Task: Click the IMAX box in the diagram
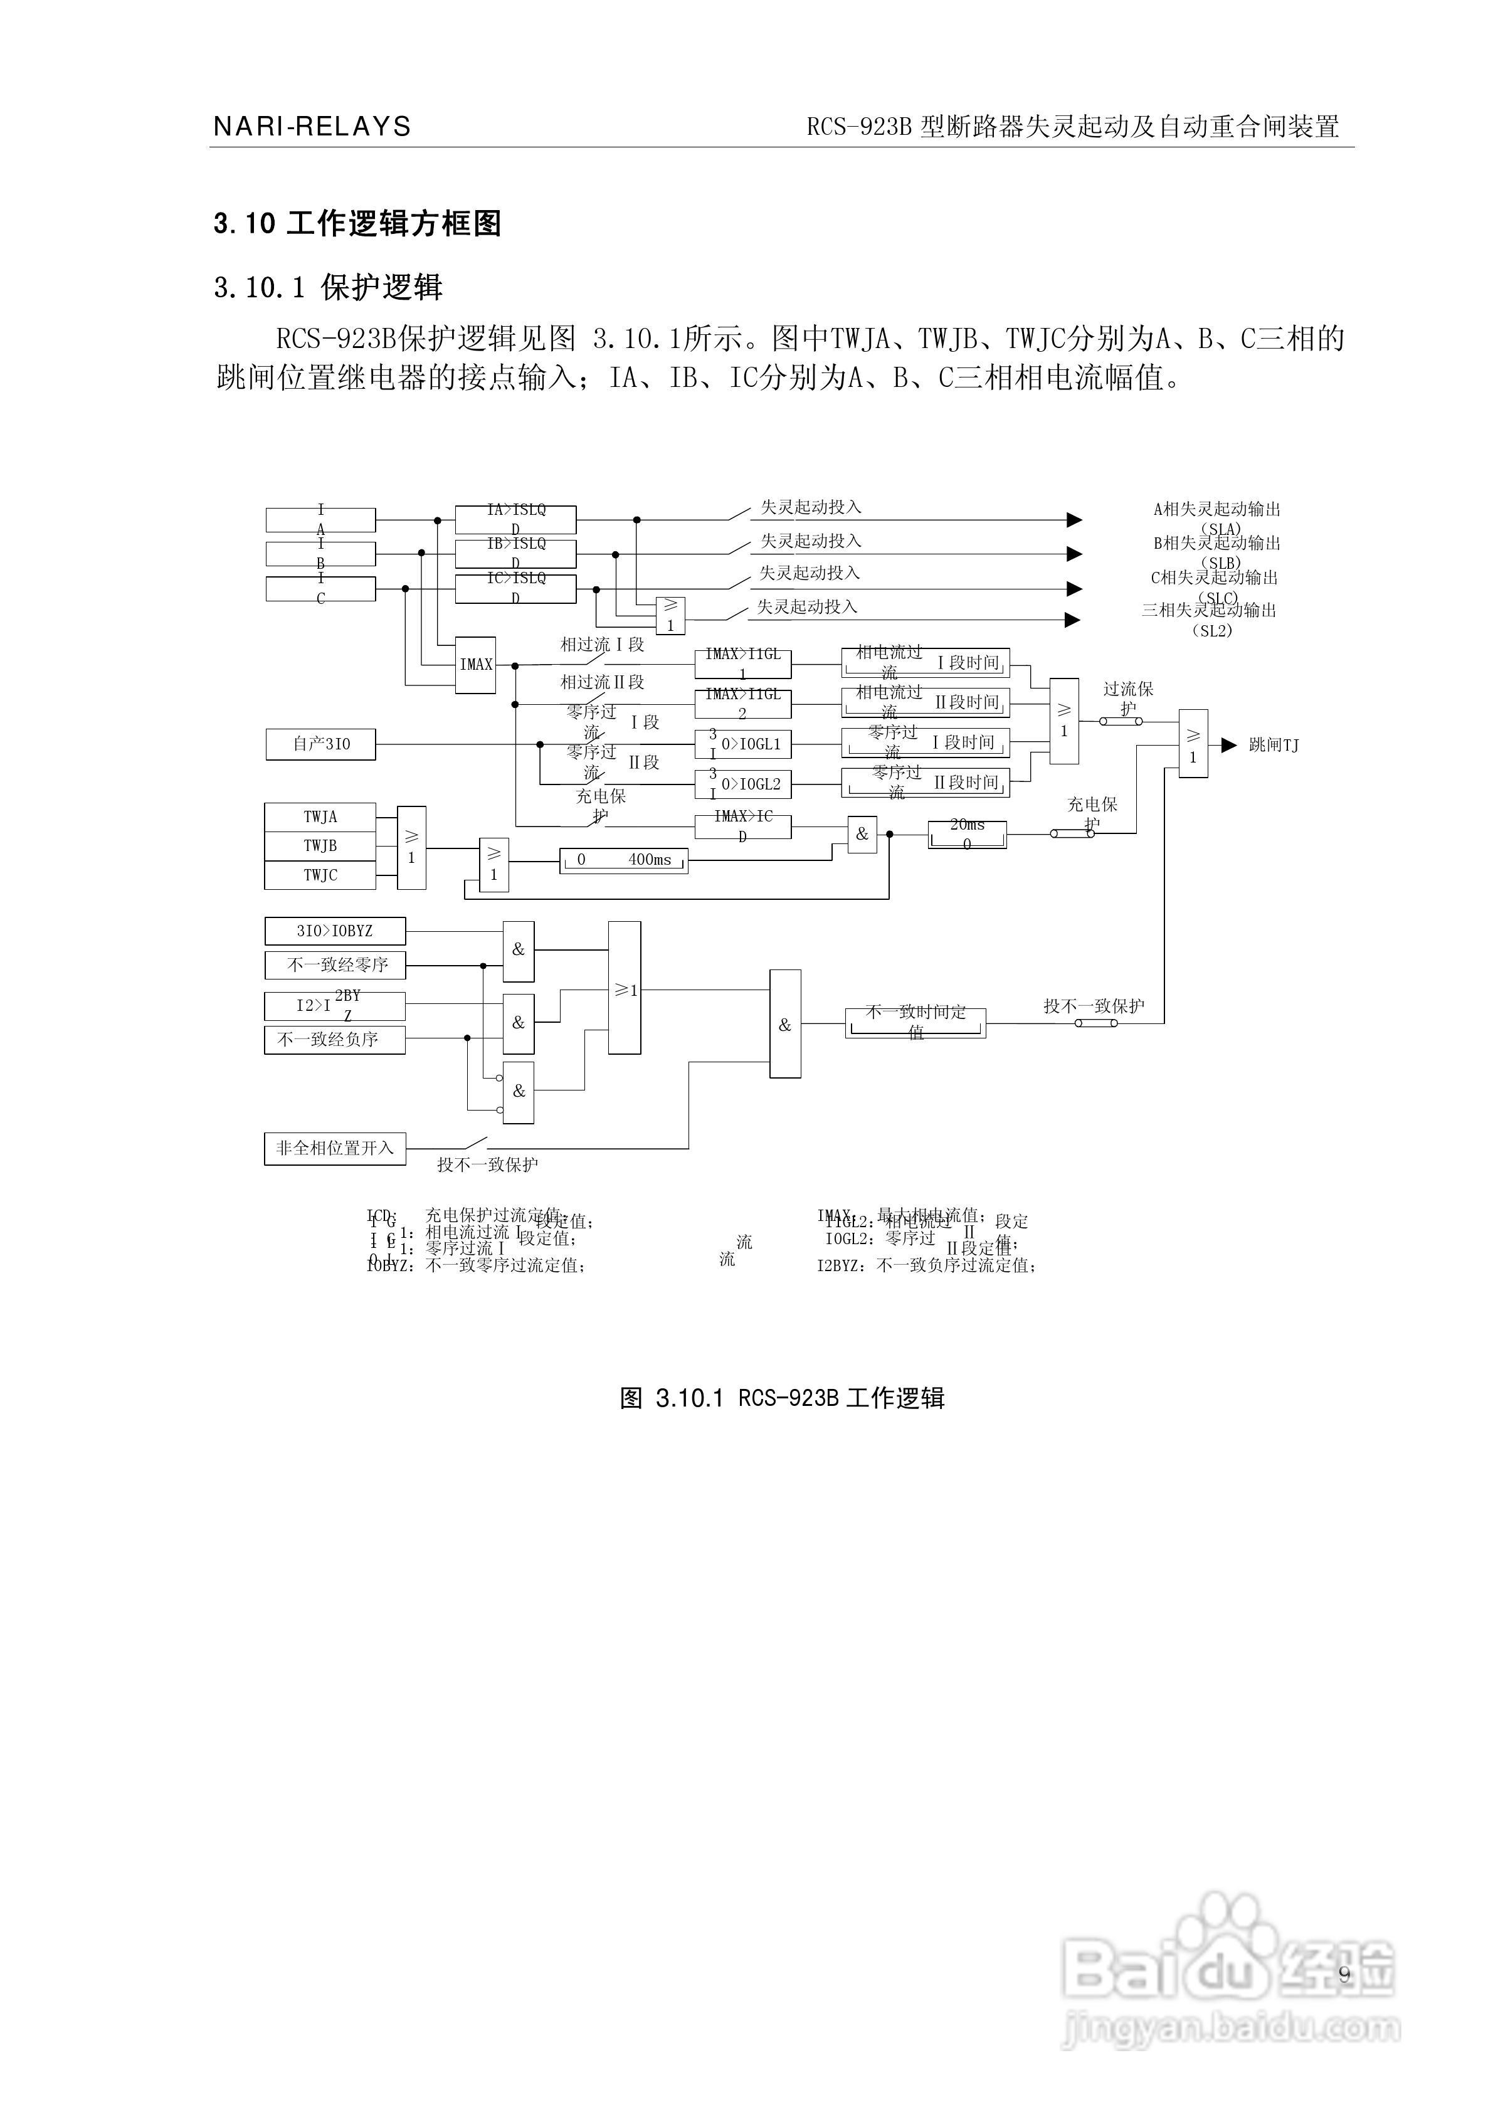click(477, 664)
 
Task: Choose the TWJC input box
click(320, 875)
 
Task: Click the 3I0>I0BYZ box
click(335, 931)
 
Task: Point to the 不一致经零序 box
click(335, 965)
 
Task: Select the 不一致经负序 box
click(335, 1040)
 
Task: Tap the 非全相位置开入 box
click(335, 1149)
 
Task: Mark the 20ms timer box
click(967, 834)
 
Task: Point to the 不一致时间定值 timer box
click(915, 1023)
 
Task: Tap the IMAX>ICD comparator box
click(742, 826)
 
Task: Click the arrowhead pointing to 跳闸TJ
click(1228, 745)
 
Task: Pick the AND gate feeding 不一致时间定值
click(784, 1024)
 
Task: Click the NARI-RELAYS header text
click(312, 126)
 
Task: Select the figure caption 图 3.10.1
click(782, 1398)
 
